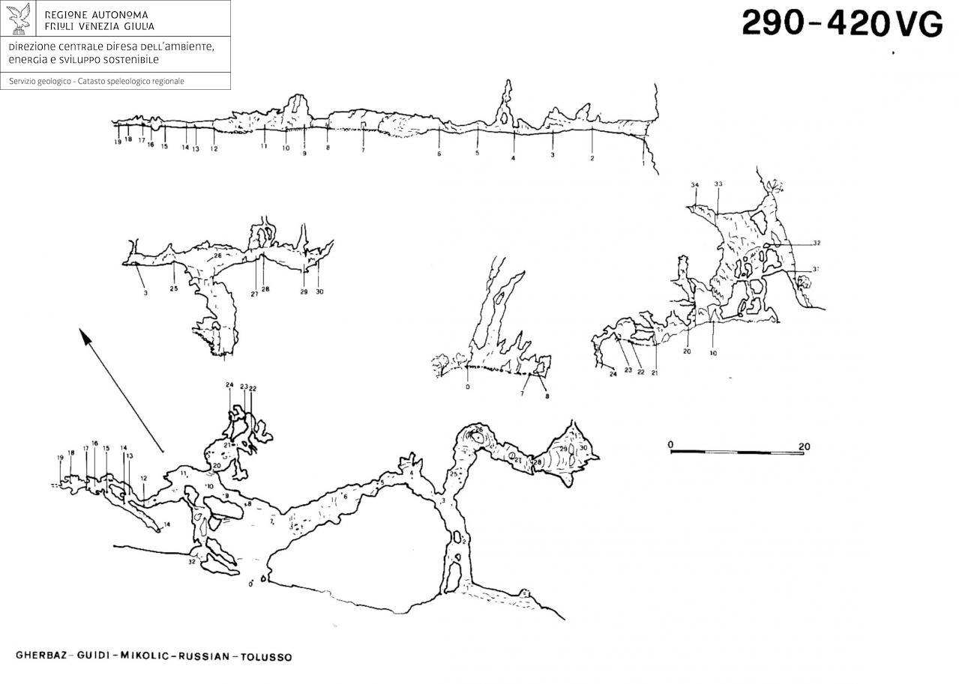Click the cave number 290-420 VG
pyautogui.click(x=841, y=25)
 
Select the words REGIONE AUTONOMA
pyautogui.click(x=97, y=15)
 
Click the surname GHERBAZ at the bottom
pyautogui.click(x=41, y=657)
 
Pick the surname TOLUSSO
pyautogui.click(x=267, y=657)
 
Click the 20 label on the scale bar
pyautogui.click(x=804, y=447)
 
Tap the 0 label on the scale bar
pyautogui.click(x=672, y=446)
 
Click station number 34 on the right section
pyautogui.click(x=694, y=184)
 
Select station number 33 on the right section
pyautogui.click(x=718, y=184)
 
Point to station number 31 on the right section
pyautogui.click(x=815, y=270)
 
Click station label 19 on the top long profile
pyautogui.click(x=118, y=142)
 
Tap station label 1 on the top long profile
pyautogui.click(x=643, y=163)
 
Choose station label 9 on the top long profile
pyautogui.click(x=304, y=154)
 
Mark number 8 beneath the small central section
pyautogui.click(x=547, y=396)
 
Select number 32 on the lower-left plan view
pyautogui.click(x=192, y=561)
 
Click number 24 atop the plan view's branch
pyautogui.click(x=229, y=385)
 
